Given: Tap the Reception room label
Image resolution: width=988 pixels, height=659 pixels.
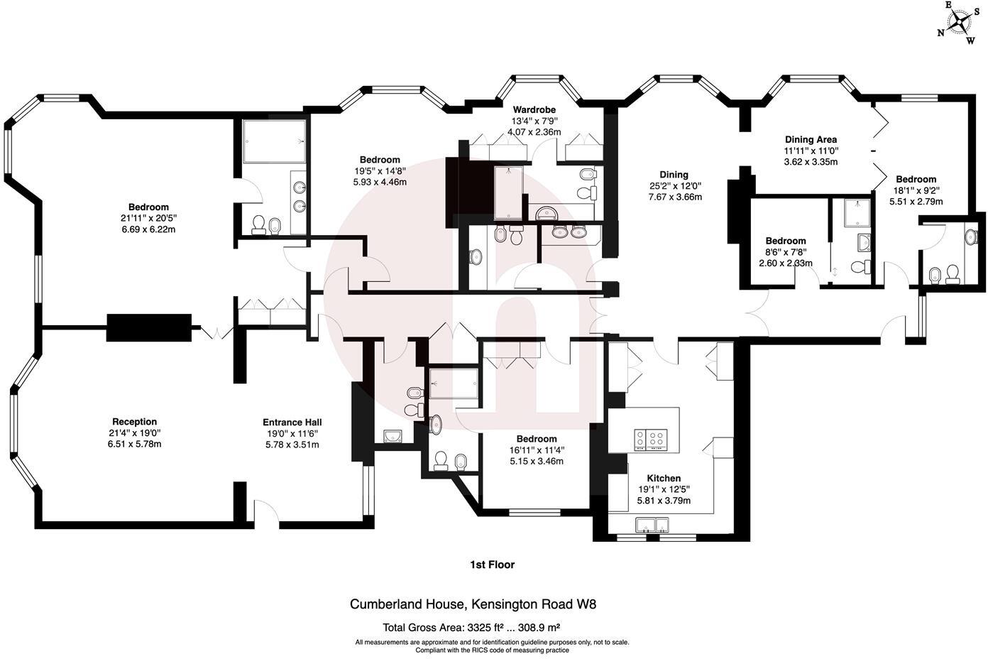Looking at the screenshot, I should (x=134, y=422).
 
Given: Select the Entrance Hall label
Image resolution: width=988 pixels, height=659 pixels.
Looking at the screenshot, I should (x=292, y=422).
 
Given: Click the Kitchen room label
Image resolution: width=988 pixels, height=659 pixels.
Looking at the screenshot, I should (x=664, y=478).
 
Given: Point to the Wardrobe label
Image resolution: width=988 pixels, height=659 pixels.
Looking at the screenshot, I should (x=534, y=110).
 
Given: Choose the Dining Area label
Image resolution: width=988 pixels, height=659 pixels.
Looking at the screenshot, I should (x=811, y=140).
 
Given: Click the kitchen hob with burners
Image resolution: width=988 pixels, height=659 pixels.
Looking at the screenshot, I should (x=652, y=440).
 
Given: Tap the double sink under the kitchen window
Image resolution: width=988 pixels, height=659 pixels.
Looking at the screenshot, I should (x=652, y=525).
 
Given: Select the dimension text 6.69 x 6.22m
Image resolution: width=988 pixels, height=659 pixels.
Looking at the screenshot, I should (x=148, y=230).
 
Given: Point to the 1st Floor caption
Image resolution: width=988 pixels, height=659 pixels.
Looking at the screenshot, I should (x=492, y=565).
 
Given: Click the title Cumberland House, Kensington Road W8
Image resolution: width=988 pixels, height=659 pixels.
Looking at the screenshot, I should (x=473, y=605).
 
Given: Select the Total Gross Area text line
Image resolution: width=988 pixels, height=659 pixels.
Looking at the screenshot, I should (x=472, y=628).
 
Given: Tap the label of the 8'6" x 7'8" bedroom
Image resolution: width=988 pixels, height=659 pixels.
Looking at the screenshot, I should (x=786, y=241).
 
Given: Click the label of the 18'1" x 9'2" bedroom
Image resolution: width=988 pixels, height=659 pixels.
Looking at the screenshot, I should (x=916, y=179).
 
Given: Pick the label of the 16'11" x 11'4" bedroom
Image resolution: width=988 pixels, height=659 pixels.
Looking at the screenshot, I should (x=537, y=439).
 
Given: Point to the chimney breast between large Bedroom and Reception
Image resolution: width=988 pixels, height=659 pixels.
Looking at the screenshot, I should (x=149, y=327).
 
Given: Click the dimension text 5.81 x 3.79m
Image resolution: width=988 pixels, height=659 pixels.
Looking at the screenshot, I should (x=664, y=501).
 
